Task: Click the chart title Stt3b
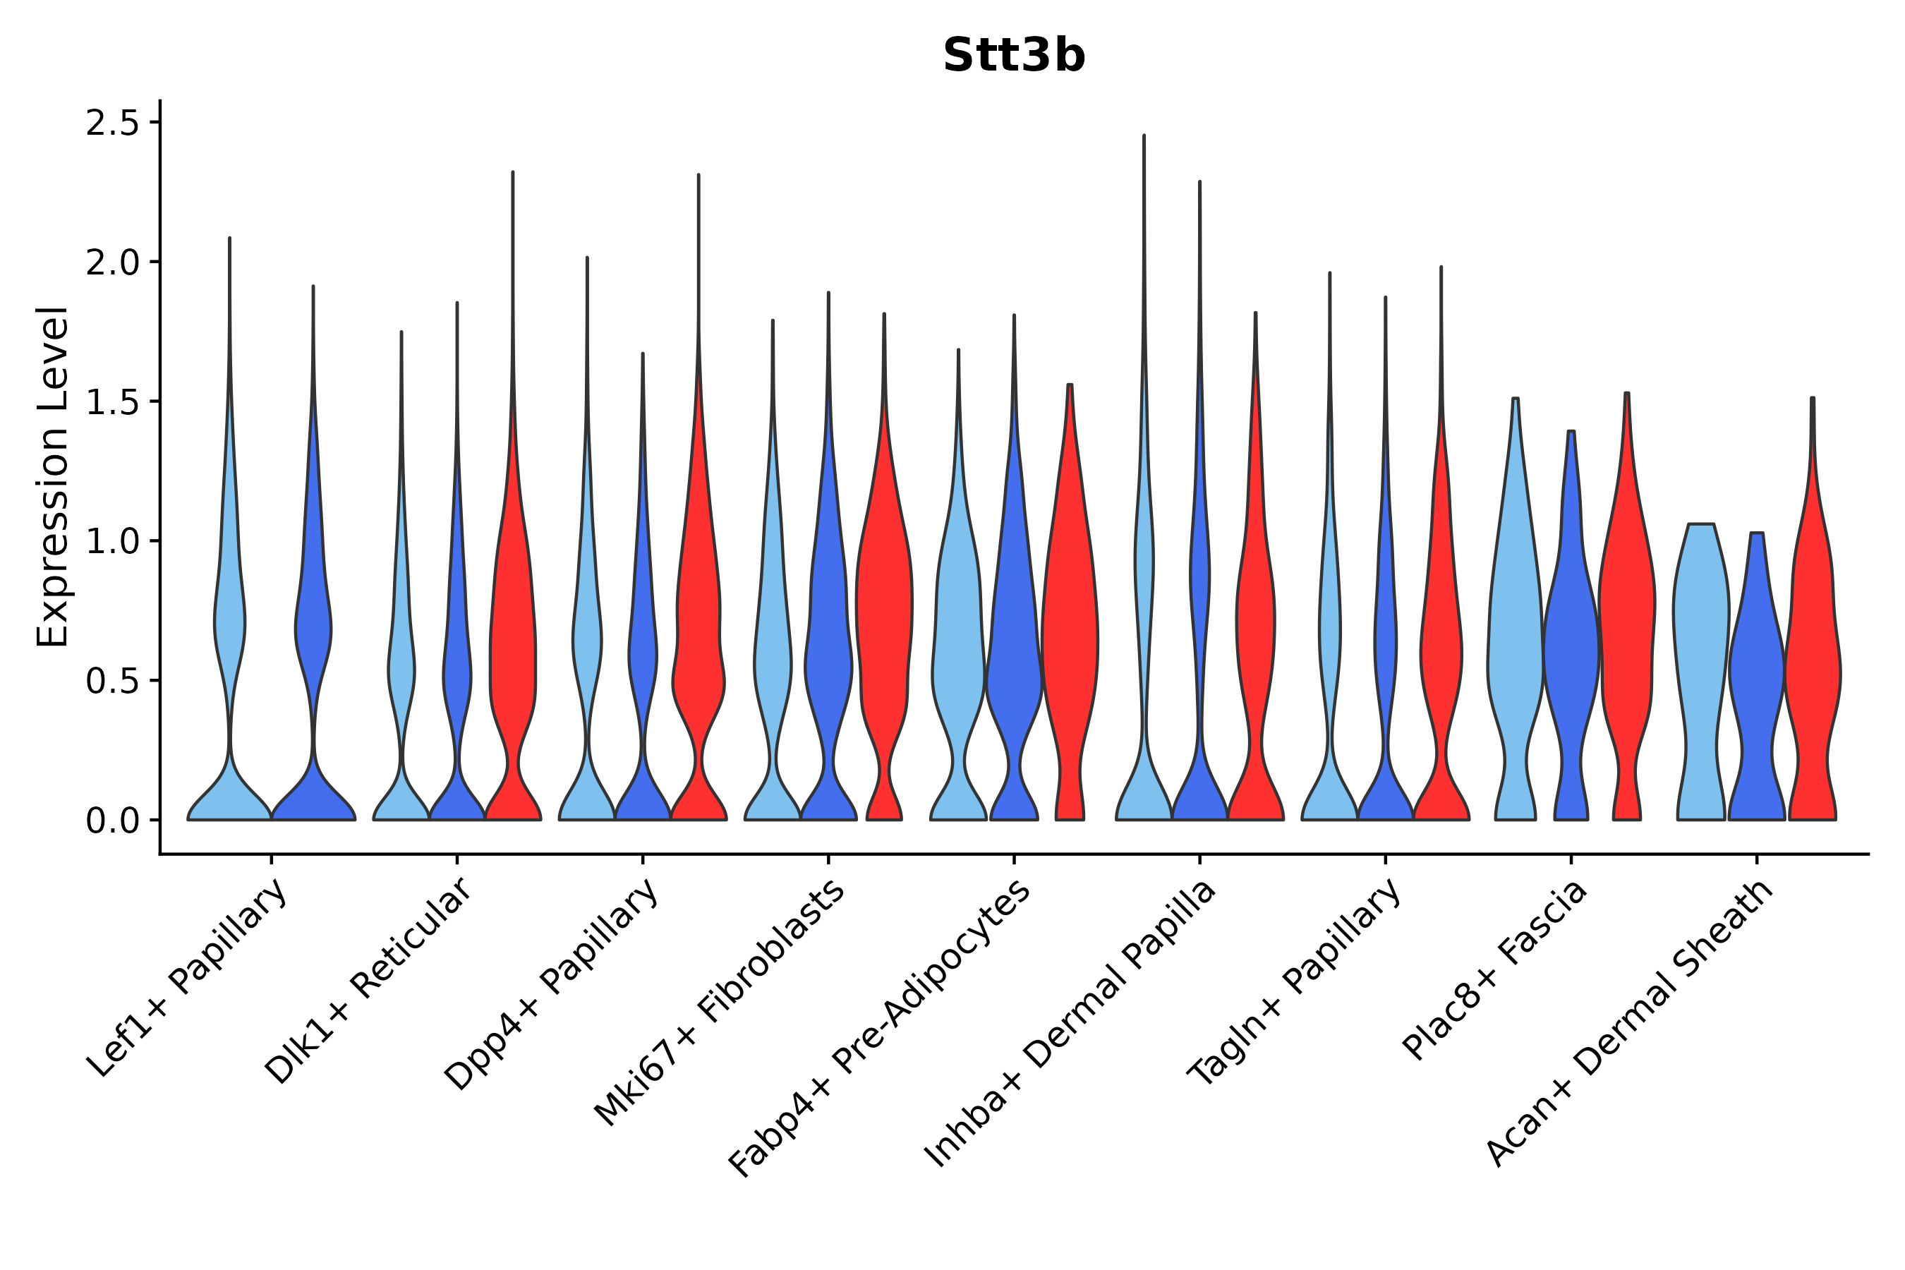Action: tap(1013, 56)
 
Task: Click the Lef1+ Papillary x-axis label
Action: tap(188, 978)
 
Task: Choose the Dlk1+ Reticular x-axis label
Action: tap(368, 981)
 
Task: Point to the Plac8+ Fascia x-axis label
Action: tap(1495, 969)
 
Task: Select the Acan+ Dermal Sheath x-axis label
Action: tap(1630, 1023)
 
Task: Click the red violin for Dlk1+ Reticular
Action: tap(512, 648)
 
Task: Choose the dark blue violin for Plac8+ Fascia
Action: tap(1571, 648)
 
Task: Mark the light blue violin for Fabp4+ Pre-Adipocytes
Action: tap(958, 648)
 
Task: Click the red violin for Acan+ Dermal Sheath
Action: tap(1813, 648)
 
